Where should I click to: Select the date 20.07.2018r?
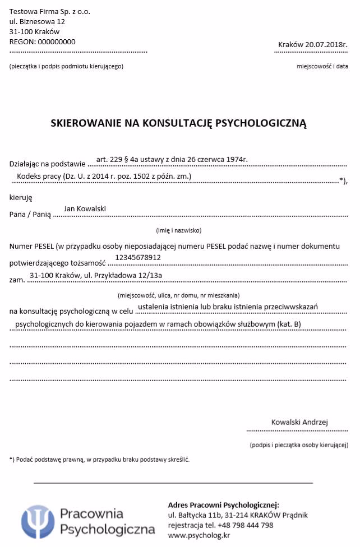(x=326, y=45)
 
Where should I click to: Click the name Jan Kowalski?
(x=85, y=209)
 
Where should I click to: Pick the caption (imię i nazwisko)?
(x=178, y=230)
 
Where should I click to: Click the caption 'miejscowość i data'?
(x=322, y=67)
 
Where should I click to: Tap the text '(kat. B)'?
(x=288, y=324)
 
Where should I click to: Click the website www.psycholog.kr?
(x=199, y=535)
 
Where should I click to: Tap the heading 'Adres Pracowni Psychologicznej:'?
(x=223, y=505)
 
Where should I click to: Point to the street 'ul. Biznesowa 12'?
(x=38, y=21)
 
